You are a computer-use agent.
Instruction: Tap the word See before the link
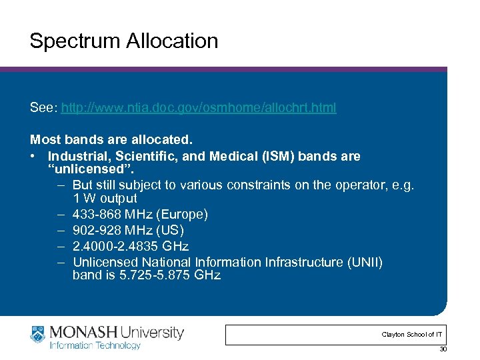click(x=43, y=107)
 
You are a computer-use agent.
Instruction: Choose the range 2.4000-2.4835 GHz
click(x=131, y=247)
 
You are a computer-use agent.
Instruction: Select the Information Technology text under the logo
click(x=95, y=345)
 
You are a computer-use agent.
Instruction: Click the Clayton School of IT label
click(x=411, y=334)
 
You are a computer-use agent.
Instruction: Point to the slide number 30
click(x=443, y=350)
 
